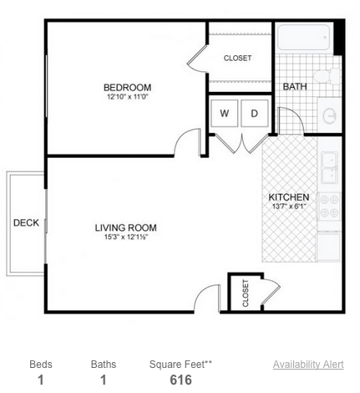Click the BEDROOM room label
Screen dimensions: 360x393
coord(128,88)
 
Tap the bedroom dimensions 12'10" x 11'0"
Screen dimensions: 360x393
coord(128,97)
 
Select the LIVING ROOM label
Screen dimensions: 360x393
coord(126,227)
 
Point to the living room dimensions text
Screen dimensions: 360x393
coord(126,237)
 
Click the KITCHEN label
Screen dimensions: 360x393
coord(289,197)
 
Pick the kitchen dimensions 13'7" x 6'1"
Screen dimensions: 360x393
coord(289,207)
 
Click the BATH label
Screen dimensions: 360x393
coord(295,87)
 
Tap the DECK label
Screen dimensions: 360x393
coord(26,223)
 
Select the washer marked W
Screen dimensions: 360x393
coord(225,113)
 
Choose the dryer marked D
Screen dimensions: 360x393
coord(255,113)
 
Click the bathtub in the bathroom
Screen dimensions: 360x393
coord(304,38)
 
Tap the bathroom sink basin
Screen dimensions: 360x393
coord(330,115)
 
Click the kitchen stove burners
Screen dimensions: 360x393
coord(329,207)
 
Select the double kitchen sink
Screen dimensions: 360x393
coord(330,167)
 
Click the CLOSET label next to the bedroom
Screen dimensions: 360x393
coord(237,59)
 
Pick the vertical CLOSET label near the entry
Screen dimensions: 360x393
coord(246,293)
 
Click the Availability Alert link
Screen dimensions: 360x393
coord(308,365)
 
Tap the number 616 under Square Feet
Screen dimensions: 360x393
coord(181,380)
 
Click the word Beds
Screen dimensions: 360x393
coord(41,365)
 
